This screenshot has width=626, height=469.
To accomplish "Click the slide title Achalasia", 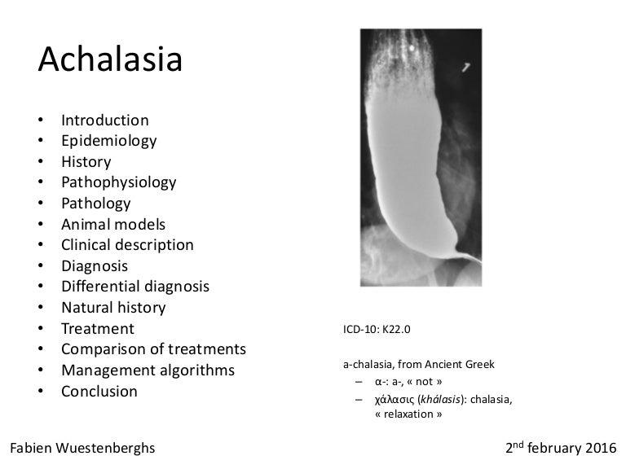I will (x=110, y=60).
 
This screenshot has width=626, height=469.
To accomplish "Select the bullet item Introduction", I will (x=104, y=121).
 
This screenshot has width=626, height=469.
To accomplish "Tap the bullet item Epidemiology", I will (x=108, y=141).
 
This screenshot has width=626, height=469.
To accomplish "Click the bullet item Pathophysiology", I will (x=118, y=182).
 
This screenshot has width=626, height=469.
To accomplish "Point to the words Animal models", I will (x=113, y=224).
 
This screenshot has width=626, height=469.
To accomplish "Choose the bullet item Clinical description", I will (x=127, y=245).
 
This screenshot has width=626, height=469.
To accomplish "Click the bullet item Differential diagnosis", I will (x=134, y=287).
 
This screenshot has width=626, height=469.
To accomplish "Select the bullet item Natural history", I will (x=113, y=308).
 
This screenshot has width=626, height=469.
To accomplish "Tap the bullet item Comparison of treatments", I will (x=153, y=349).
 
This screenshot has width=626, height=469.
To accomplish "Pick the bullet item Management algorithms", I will (x=148, y=370).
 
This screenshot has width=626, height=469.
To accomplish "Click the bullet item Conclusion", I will (x=99, y=392).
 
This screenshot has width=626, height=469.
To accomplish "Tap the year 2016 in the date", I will (x=601, y=449).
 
